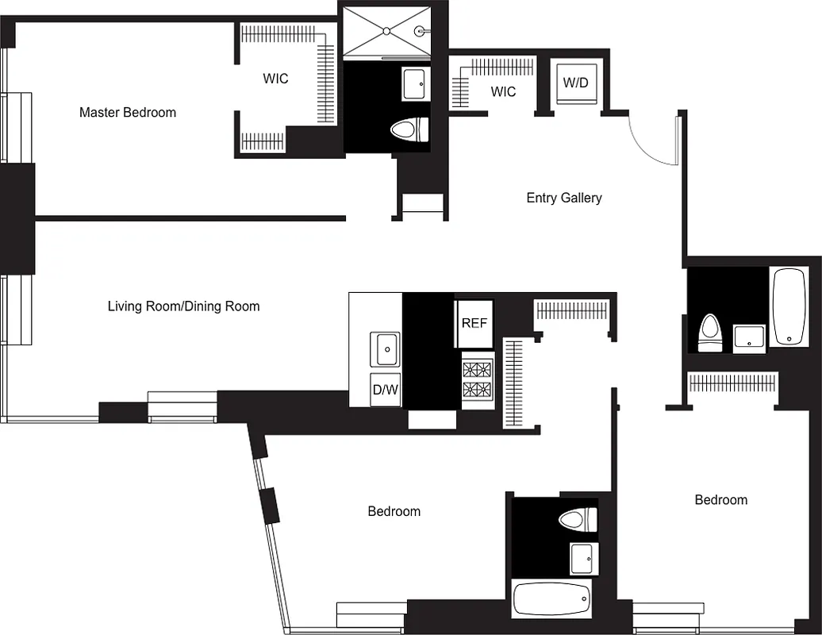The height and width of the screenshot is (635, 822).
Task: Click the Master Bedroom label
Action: point(128,113)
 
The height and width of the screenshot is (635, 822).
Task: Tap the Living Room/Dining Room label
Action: point(183,306)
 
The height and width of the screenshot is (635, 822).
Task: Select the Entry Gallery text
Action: point(564,198)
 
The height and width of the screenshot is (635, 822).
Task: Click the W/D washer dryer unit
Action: point(576,83)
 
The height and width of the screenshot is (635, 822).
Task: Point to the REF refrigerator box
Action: point(474,323)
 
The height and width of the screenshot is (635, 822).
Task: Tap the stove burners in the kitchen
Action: point(477,379)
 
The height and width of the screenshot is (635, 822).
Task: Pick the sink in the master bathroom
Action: point(415,83)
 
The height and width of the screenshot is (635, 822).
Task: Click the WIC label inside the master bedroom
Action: point(275,79)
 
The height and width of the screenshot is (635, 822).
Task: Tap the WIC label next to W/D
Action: point(503,91)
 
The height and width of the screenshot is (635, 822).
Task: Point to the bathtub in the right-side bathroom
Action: point(789,306)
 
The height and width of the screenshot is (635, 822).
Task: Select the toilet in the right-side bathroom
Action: point(710,332)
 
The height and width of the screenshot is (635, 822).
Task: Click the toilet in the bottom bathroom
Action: point(577,521)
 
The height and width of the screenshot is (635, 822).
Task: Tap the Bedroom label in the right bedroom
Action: point(720,500)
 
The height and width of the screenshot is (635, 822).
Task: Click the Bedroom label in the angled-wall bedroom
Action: point(394,511)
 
